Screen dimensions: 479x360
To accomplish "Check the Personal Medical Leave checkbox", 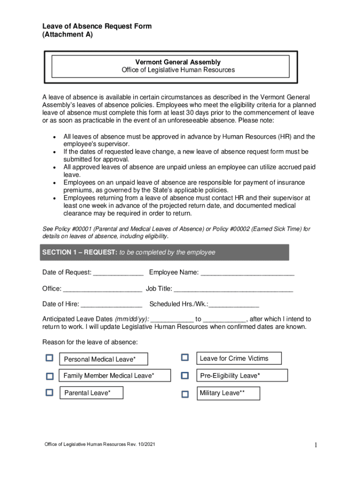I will pos(50,358).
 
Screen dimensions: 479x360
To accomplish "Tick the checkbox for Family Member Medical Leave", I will pos(50,376).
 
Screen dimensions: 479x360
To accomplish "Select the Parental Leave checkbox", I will pos(50,393).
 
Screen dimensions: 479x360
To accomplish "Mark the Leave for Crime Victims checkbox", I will pos(185,357).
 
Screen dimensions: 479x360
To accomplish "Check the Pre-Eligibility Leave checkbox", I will pos(185,376).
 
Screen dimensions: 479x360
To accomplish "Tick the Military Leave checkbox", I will pos(185,394).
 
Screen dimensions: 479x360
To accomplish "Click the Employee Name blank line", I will pos(247,273).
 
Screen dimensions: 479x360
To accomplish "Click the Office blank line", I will pos(102,289).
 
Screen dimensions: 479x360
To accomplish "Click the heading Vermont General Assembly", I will pos(178,62).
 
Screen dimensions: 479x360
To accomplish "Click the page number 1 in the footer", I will pos(316,445).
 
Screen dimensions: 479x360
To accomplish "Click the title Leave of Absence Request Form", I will pos(97,26).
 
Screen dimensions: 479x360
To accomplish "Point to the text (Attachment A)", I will pos(67,35).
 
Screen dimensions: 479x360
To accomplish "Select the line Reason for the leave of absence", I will pos(90,342).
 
